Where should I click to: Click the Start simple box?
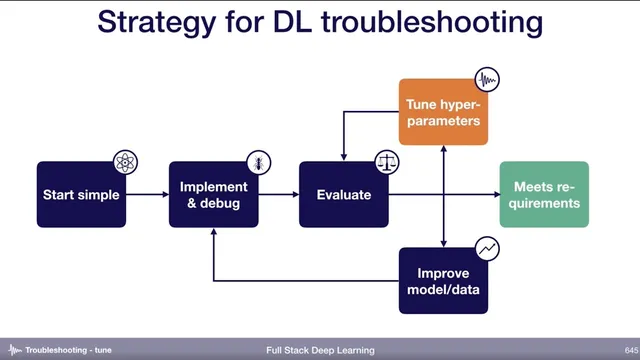pyautogui.click(x=81, y=194)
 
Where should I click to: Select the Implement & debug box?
pyautogui.click(x=212, y=194)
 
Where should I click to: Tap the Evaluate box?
pyautogui.click(x=343, y=194)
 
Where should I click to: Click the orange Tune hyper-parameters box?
pyautogui.click(x=443, y=112)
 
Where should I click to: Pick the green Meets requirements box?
pyautogui.click(x=545, y=194)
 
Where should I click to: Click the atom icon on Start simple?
pyautogui.click(x=125, y=162)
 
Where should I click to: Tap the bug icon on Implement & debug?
pyautogui.click(x=257, y=162)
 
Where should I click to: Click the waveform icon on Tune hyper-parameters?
pyautogui.click(x=486, y=80)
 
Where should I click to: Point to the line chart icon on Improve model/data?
pyautogui.click(x=486, y=247)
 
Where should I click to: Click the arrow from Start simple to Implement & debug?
pyautogui.click(x=147, y=194)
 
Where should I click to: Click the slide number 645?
pyautogui.click(x=618, y=350)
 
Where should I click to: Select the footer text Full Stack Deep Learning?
pyautogui.click(x=320, y=350)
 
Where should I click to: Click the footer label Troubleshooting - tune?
pyautogui.click(x=68, y=350)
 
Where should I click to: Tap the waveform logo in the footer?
pyautogui.click(x=14, y=350)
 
